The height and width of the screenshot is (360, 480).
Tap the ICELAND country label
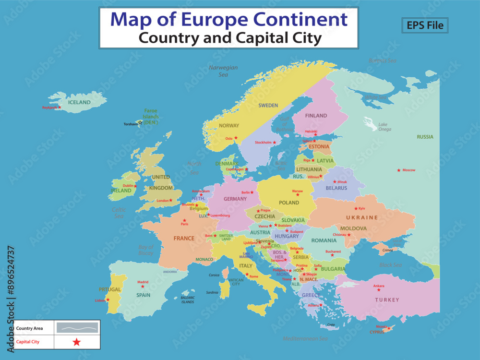point(79,102)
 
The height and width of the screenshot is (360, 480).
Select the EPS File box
point(425,25)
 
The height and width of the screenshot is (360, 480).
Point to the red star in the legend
point(77,342)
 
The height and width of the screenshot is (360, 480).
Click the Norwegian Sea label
point(223,71)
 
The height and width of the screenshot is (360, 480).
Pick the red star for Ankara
point(379,290)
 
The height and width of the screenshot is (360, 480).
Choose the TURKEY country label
point(387,300)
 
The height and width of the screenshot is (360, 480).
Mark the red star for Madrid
point(143,287)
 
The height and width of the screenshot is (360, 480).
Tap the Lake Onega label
point(384,127)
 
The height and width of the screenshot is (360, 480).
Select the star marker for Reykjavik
point(60,107)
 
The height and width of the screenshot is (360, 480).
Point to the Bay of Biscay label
point(146,250)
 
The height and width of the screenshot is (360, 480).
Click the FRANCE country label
point(184,238)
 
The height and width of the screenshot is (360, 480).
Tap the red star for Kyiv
point(355,208)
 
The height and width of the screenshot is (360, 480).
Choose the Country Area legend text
point(29,328)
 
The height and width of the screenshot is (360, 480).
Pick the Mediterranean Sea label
point(305,338)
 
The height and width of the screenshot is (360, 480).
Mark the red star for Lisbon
point(108,300)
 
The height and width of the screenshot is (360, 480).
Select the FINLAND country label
point(316,116)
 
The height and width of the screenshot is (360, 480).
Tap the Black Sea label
point(390,265)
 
